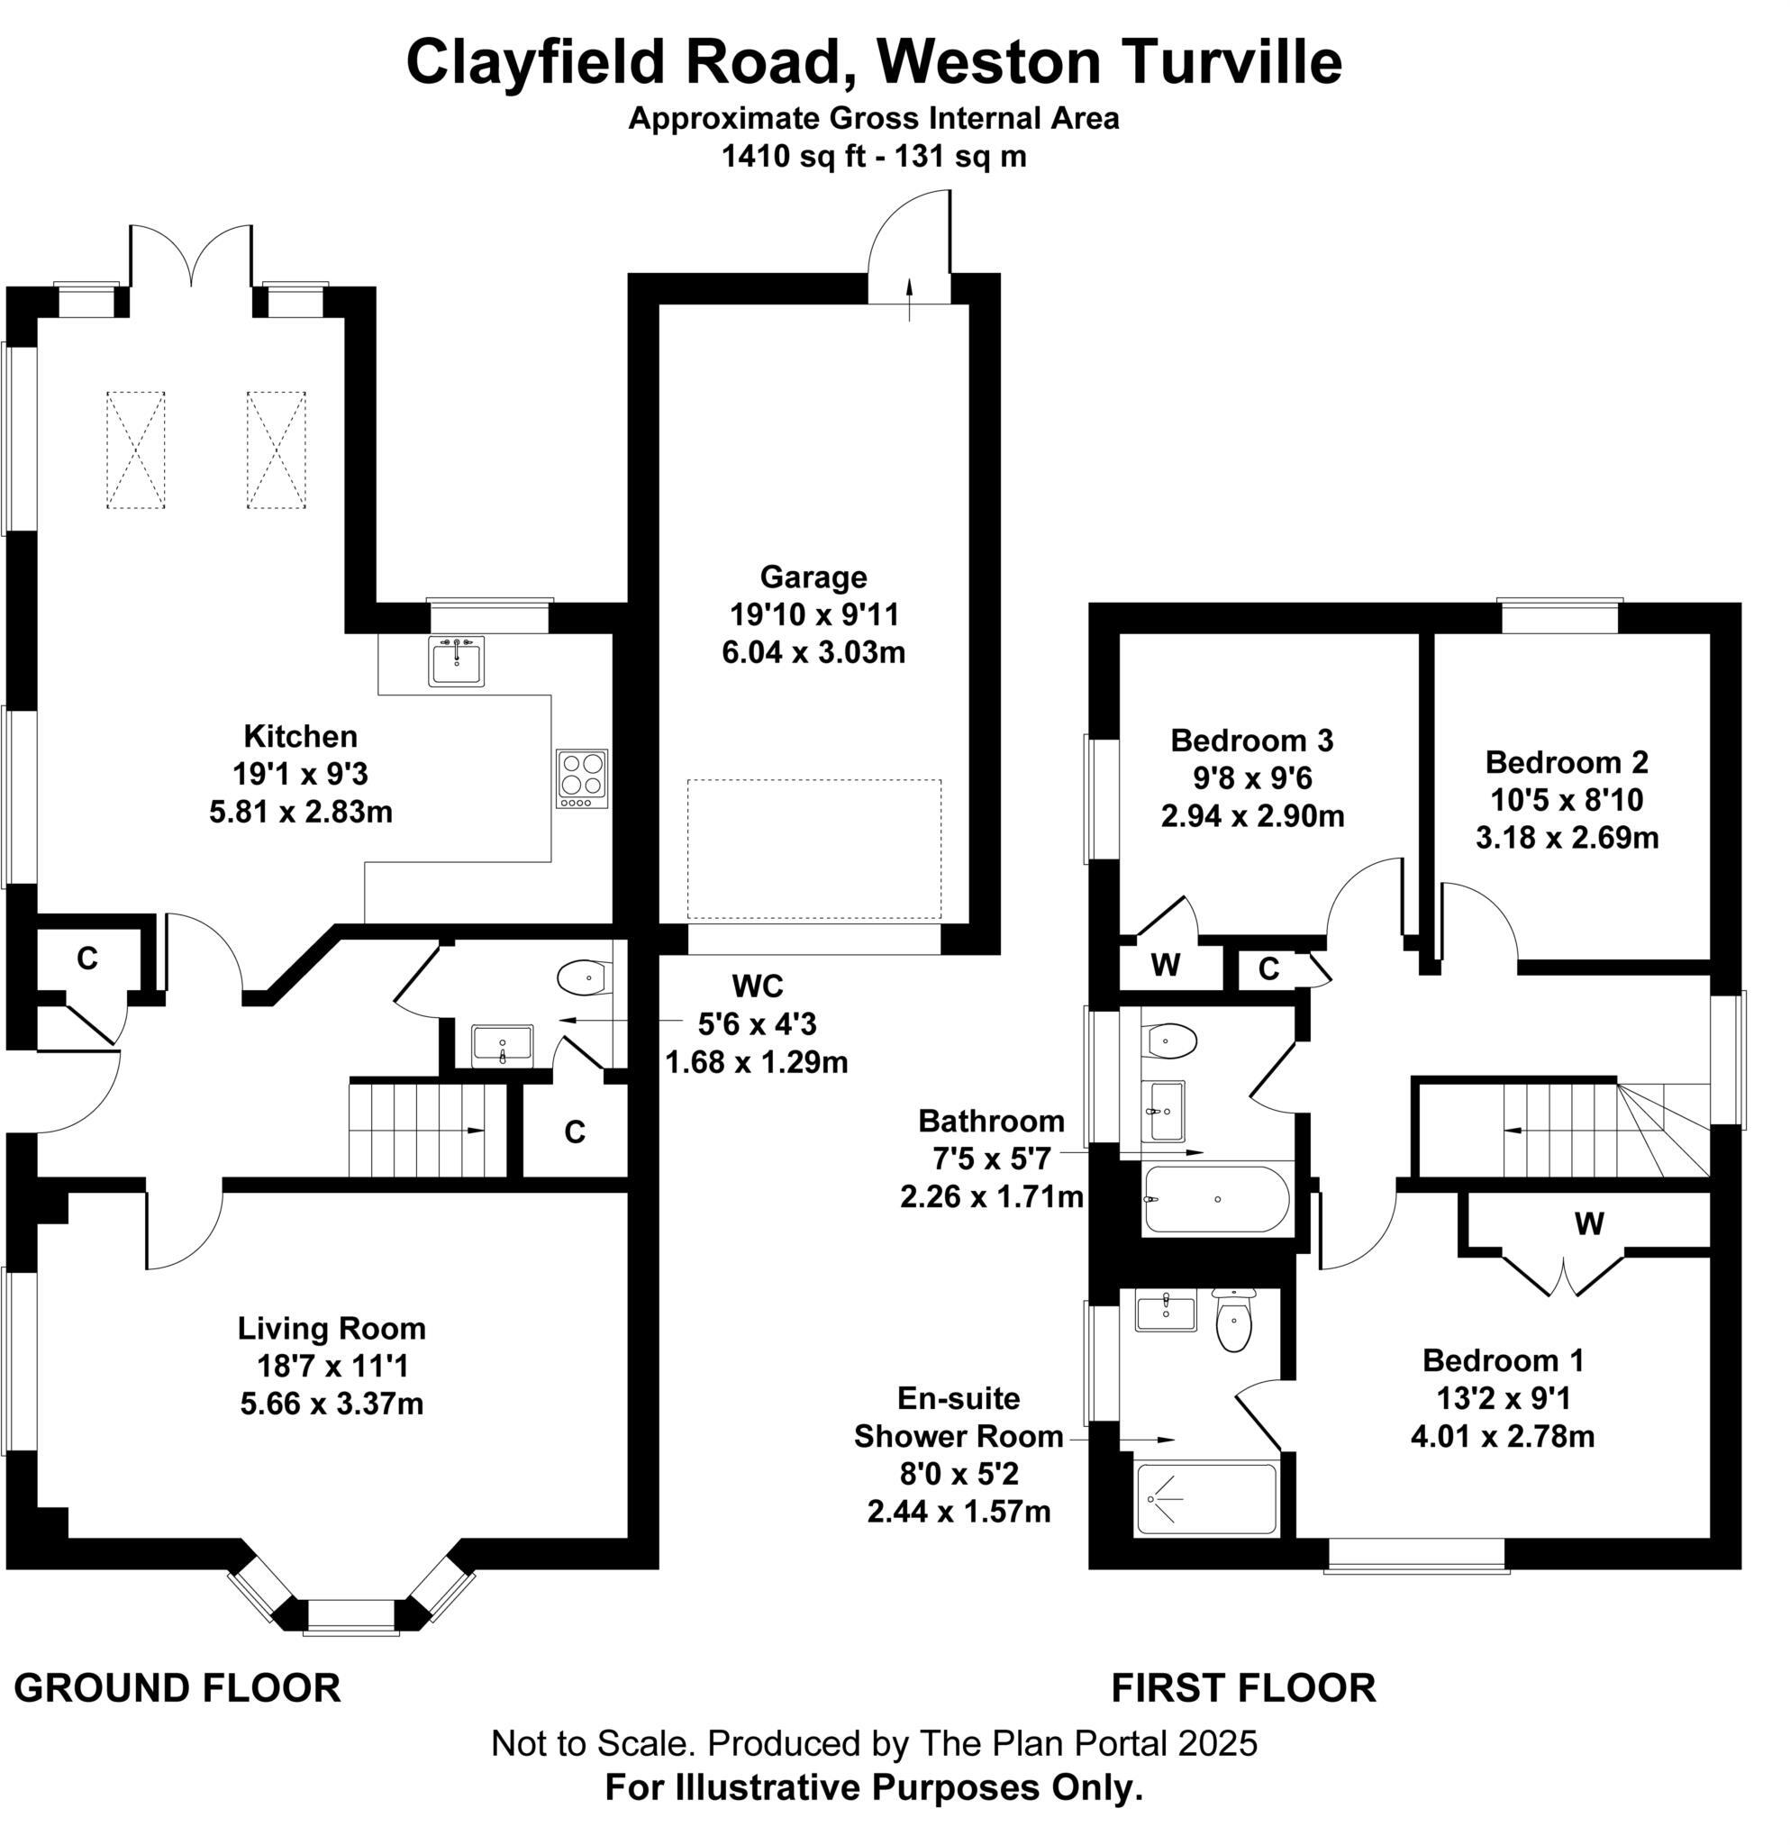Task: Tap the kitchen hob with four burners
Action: tap(582, 778)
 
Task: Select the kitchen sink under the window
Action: tap(457, 661)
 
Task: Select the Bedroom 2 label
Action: tap(1566, 761)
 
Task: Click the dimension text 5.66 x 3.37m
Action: tap(332, 1404)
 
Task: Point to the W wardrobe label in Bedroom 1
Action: tap(1588, 1223)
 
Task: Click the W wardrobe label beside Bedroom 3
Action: tap(1165, 966)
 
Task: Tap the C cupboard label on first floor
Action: tap(1268, 969)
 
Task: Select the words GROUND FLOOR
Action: tap(177, 1688)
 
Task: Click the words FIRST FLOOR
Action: tap(1243, 1688)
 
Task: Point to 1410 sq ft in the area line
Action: tap(793, 156)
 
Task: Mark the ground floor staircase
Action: tap(428, 1130)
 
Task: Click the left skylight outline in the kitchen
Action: tap(135, 450)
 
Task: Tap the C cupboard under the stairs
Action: tap(575, 1132)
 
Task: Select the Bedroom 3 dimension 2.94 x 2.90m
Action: tap(1251, 816)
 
